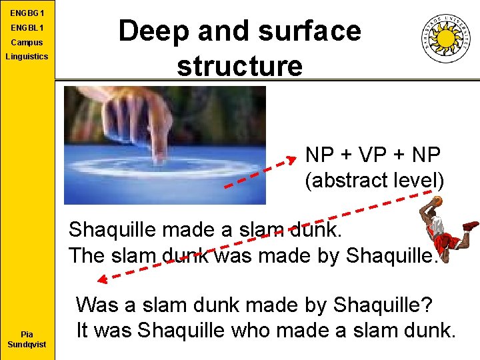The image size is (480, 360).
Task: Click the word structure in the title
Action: point(239,66)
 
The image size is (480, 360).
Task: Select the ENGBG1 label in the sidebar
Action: point(27,13)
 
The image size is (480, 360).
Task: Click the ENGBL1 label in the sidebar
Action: point(27,28)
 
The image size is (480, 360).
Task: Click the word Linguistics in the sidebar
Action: point(27,56)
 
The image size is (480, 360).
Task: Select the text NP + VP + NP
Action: point(373,155)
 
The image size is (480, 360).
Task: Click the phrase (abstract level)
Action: point(374,180)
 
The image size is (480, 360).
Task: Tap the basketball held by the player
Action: point(437,200)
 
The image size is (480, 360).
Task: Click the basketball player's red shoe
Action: point(471,226)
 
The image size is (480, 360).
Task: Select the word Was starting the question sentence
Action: point(97,305)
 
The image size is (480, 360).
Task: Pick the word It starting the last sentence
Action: point(83,330)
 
